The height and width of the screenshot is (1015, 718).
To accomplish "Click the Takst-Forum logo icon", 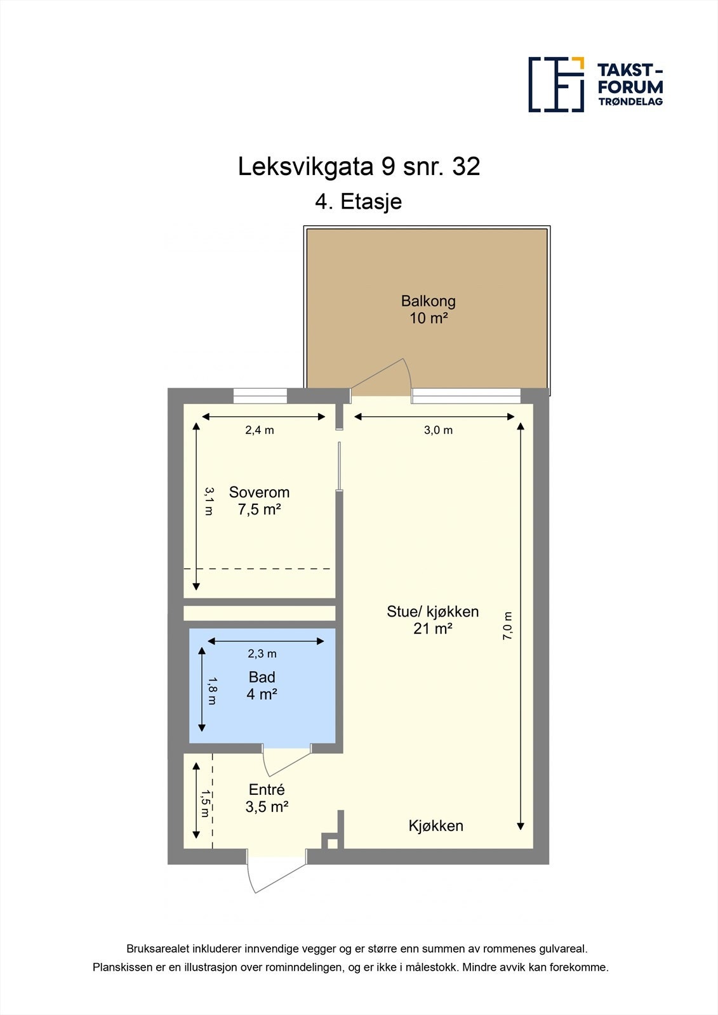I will pos(556,84).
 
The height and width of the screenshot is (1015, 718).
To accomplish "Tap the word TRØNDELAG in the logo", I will pos(630,101).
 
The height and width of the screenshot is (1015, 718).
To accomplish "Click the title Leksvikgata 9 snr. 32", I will pos(359,167).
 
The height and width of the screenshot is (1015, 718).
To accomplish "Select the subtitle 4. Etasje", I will pos(359,202).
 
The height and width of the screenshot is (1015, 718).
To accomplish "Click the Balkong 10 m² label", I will pos(429,310).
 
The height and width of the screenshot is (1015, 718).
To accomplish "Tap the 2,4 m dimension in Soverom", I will pos(260,430).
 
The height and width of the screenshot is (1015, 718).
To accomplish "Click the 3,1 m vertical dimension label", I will pos(208,501).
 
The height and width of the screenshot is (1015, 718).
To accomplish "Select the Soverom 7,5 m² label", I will pos(259,501).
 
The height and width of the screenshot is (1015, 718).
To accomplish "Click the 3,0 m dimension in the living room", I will pos(438,430).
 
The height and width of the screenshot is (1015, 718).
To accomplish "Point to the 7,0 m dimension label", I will pos(508,625).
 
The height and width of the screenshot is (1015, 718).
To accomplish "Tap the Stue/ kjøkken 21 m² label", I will pos(432,620).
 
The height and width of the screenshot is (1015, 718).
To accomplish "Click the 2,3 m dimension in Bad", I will pos(262,653).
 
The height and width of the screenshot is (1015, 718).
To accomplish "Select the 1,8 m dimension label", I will pos(212,691).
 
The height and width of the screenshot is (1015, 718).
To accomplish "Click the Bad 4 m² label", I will pos(262,685).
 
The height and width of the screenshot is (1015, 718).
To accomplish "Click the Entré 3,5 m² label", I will pos(267,798).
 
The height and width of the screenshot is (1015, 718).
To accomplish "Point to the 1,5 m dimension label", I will pos(205,803).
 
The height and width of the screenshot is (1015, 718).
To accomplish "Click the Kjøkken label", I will pos(435,826).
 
